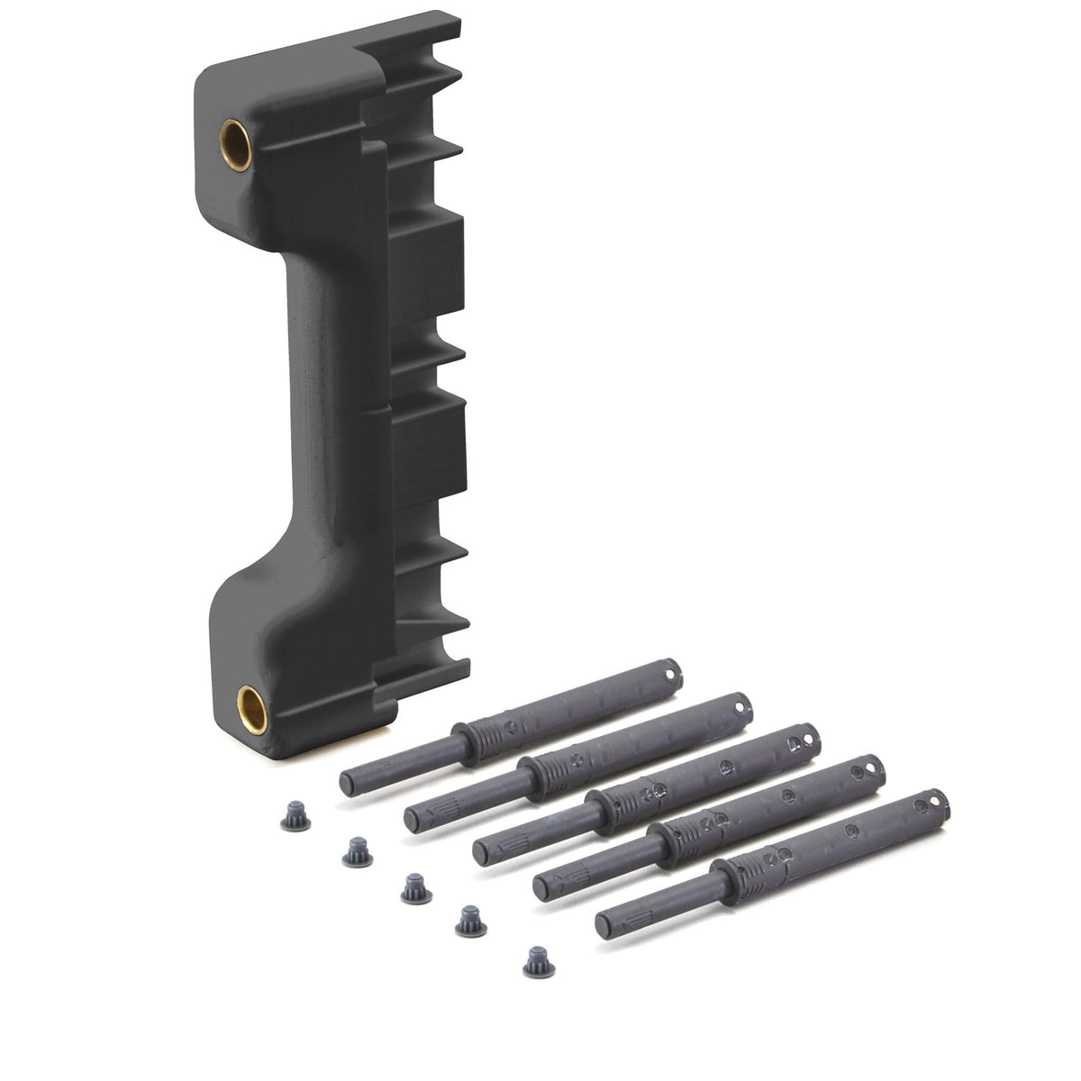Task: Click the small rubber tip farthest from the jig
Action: coord(537,964)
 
